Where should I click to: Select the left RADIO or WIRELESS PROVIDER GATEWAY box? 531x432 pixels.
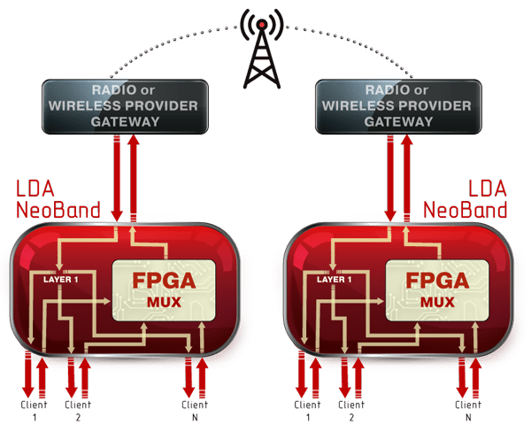tap(126, 105)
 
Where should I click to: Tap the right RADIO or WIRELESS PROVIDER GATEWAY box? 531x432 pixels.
tap(399, 105)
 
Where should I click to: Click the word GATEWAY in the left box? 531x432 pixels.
tap(126, 122)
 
